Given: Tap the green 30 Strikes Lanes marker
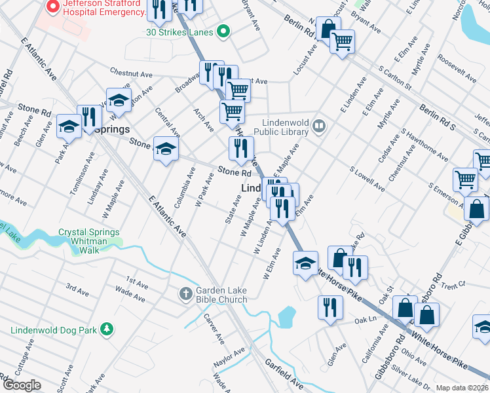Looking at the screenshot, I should click(x=223, y=31).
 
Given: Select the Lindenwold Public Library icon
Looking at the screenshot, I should click(x=319, y=125).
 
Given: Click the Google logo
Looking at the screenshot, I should click(x=21, y=385).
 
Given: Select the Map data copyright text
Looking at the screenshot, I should click(x=462, y=388).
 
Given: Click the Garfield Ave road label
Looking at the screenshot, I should click(x=284, y=373).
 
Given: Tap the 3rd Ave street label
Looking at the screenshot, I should click(x=77, y=289).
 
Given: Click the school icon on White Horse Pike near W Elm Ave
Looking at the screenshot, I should click(x=305, y=264).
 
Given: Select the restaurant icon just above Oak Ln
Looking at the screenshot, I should click(x=330, y=307).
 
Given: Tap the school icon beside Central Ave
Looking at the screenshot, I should click(x=166, y=148).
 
